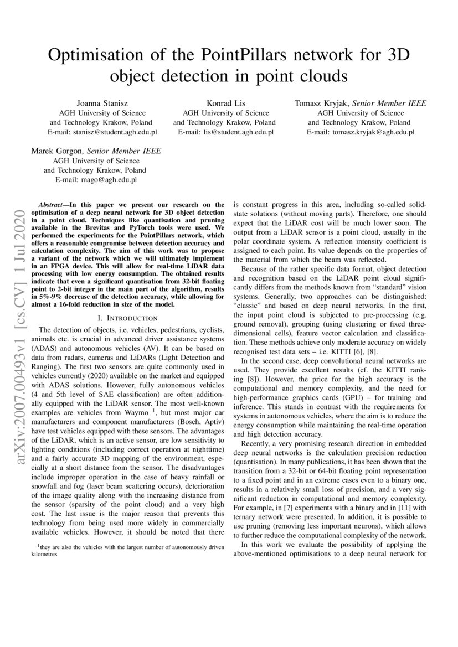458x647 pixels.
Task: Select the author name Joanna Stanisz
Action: pyautogui.click(x=103, y=103)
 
